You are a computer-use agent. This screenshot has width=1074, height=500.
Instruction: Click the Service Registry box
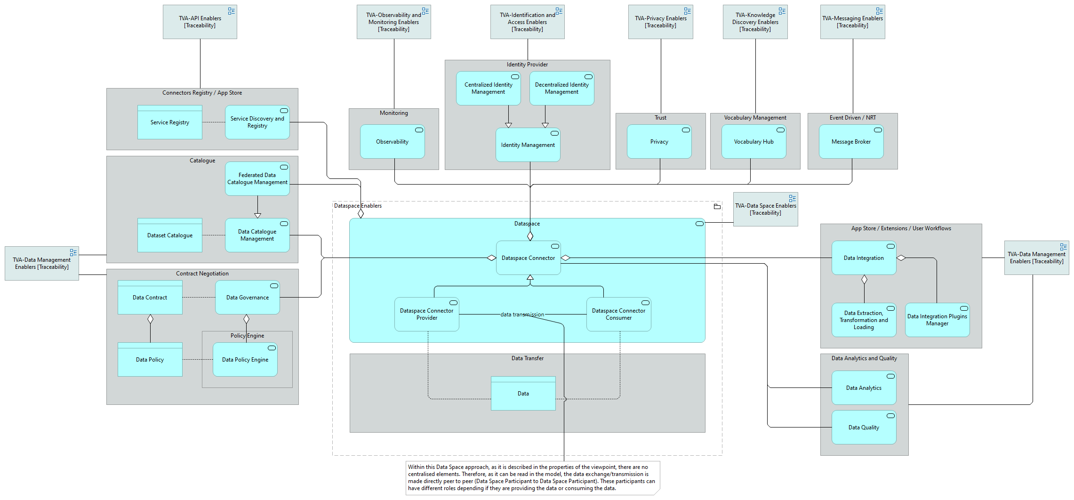tap(169, 122)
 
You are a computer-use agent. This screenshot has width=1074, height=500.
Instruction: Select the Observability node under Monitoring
tap(392, 142)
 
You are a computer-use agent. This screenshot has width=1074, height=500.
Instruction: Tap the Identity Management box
tap(528, 145)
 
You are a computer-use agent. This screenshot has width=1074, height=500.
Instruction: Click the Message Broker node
tap(850, 142)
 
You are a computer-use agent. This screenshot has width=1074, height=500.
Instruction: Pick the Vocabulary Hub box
tap(753, 142)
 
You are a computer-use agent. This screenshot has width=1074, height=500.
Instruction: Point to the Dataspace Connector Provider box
tap(426, 314)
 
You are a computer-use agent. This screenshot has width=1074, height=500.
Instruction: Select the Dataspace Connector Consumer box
tap(618, 314)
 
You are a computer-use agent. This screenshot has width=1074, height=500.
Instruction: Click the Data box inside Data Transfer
tap(523, 394)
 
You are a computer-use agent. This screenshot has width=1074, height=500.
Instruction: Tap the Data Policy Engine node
tap(245, 360)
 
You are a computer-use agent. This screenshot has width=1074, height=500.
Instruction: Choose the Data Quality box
tap(863, 427)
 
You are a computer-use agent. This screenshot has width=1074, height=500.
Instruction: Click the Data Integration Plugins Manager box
tap(937, 320)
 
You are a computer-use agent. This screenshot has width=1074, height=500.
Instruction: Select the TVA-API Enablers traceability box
tap(200, 22)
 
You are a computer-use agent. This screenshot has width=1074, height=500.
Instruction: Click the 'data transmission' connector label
tap(522, 315)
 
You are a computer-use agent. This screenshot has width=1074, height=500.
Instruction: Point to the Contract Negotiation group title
tap(202, 274)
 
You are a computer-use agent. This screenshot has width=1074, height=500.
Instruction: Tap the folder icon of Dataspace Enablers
tap(717, 207)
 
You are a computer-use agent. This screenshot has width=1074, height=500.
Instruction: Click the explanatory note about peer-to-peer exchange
tap(532, 478)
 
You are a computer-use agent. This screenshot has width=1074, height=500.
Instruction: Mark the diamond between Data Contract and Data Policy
tap(150, 319)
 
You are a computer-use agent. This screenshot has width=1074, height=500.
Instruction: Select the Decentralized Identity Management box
tap(561, 89)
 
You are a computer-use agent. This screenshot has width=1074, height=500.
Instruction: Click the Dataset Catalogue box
tap(169, 235)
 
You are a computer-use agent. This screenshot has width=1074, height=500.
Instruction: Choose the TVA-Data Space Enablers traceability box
tap(765, 210)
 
